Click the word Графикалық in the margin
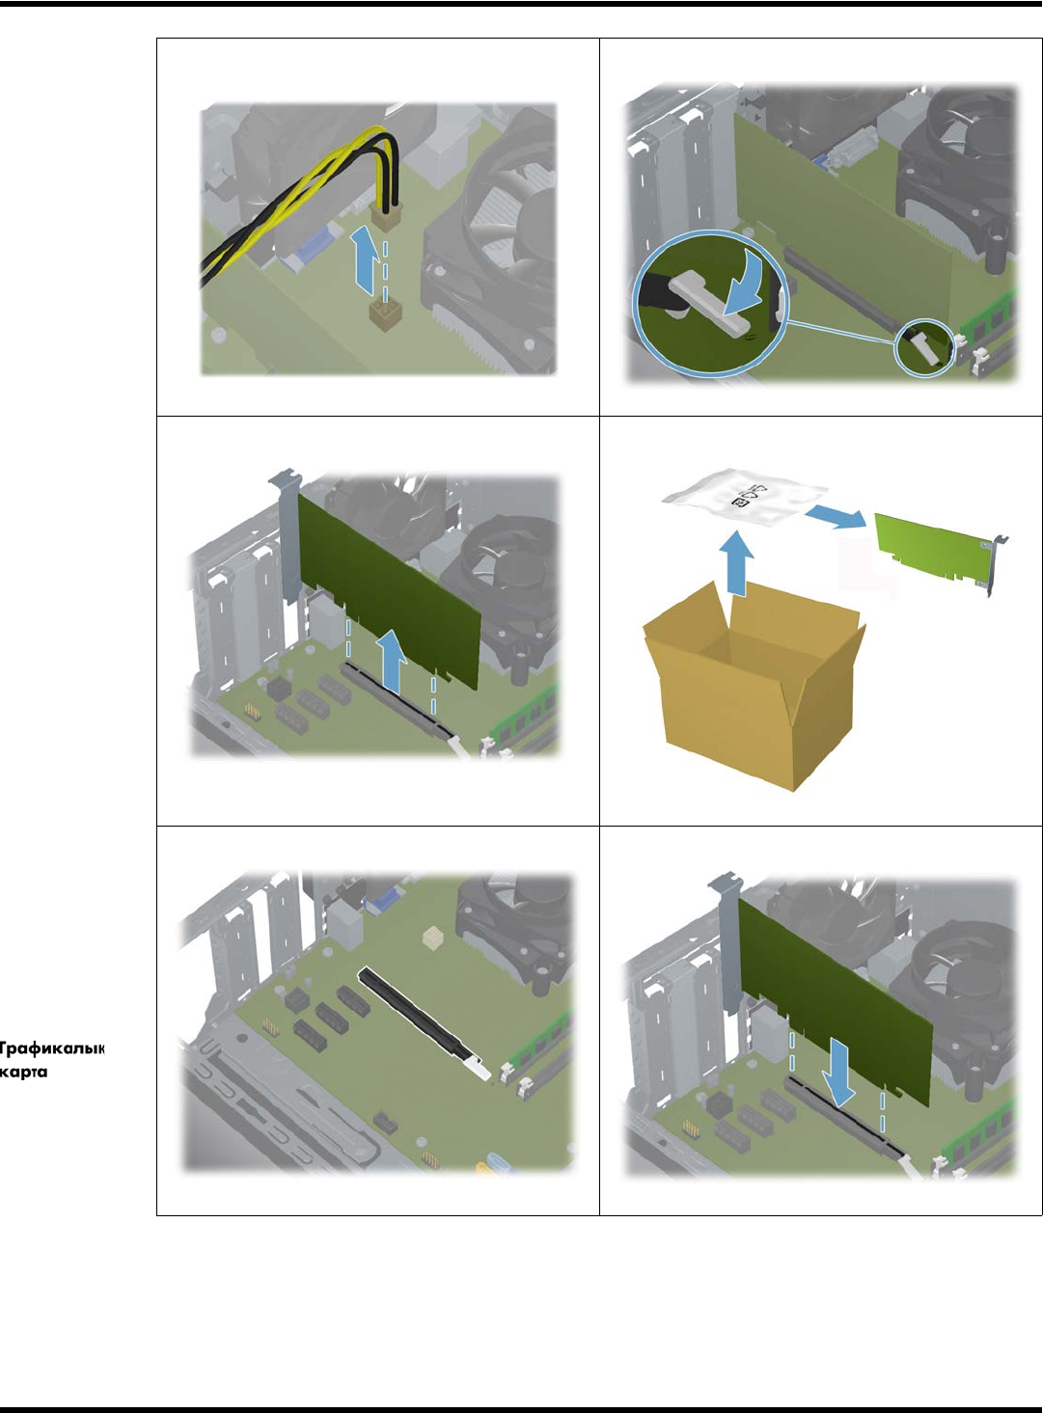coord(52,1048)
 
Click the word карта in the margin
coord(23,1072)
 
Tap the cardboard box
coord(754,686)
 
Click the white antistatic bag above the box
coord(745,500)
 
